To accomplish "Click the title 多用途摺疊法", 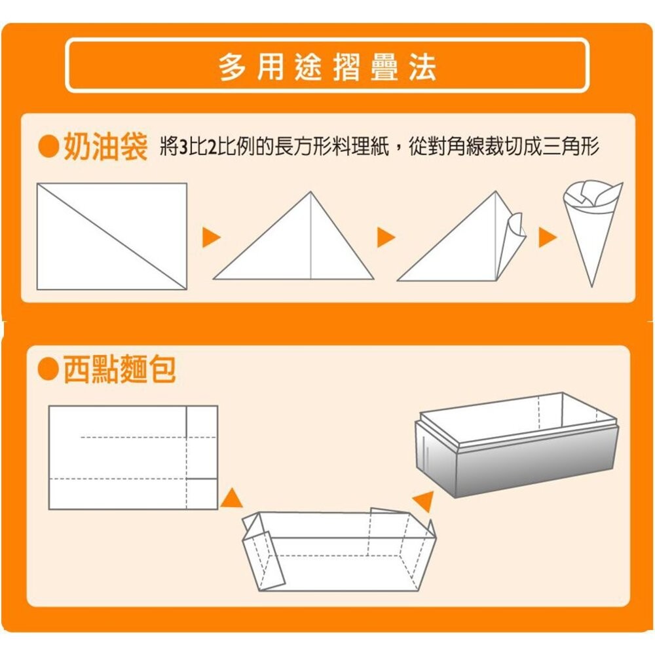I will point(327,67).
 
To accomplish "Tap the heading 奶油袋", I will point(105,148).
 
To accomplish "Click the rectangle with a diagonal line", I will point(111,236).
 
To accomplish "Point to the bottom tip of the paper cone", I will point(592,283).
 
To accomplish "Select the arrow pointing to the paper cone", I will point(547,238).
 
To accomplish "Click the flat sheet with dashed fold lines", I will point(133,457).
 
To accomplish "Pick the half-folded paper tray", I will point(337,550).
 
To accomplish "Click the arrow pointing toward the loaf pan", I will point(424,501).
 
